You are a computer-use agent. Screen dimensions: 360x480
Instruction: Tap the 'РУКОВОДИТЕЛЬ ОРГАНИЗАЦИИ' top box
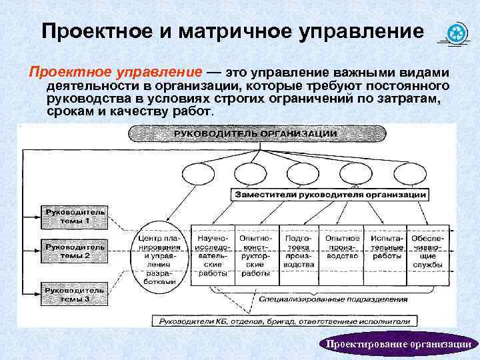click(255, 133)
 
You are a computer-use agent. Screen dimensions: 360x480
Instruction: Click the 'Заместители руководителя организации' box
click(330, 195)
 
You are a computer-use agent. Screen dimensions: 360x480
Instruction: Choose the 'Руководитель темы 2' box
click(75, 251)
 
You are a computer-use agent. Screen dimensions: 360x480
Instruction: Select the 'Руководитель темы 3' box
click(75, 295)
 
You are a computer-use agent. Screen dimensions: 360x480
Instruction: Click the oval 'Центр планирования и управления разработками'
click(159, 255)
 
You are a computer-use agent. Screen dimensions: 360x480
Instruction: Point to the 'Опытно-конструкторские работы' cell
click(255, 255)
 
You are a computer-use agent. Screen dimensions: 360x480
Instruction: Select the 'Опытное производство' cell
click(343, 247)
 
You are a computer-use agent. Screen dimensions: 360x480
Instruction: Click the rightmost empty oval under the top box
click(408, 175)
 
